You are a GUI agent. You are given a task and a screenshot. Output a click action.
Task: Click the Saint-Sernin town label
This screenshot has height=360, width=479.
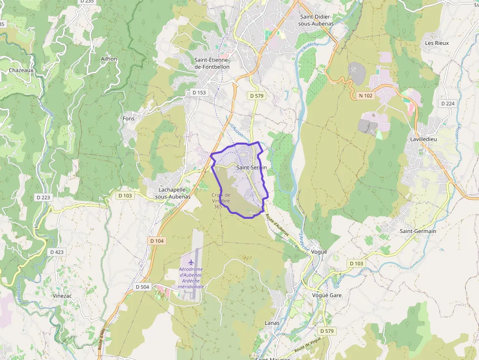[x=251, y=167]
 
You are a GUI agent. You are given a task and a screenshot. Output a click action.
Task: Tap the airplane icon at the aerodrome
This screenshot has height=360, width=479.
[x=191, y=264]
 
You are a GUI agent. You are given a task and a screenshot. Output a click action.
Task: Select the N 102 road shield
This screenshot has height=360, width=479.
[x=366, y=96]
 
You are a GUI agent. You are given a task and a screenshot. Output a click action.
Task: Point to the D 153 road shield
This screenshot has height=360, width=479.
[x=199, y=92]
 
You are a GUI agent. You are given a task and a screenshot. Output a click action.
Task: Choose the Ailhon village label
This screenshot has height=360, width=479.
[x=109, y=59]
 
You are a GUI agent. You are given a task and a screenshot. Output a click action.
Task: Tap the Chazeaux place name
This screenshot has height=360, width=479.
[x=21, y=70]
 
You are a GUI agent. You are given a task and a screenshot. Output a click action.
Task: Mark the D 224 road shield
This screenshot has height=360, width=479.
[x=447, y=104]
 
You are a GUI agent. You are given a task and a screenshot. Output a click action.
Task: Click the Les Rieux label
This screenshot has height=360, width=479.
[x=436, y=43]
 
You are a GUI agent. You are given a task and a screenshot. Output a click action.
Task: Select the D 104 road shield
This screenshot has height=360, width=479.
[x=157, y=241]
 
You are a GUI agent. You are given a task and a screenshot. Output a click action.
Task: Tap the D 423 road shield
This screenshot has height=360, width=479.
[x=57, y=252]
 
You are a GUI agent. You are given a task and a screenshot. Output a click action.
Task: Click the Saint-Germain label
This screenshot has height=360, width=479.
[x=417, y=231]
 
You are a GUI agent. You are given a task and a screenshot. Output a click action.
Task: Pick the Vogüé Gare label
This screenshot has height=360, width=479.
[x=327, y=296]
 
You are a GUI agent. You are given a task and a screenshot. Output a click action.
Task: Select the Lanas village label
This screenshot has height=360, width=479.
[x=272, y=323]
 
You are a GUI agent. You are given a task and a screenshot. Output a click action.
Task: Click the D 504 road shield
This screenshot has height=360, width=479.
[x=142, y=287]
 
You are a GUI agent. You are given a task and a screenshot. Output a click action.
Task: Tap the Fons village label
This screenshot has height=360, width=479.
[x=129, y=118]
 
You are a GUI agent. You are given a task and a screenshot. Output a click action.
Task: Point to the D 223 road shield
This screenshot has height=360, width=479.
[x=43, y=197]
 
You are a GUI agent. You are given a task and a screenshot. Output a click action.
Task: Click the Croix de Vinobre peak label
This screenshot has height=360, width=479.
[x=220, y=200]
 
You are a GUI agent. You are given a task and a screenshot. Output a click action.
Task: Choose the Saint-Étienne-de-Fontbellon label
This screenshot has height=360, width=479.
[x=212, y=63]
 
